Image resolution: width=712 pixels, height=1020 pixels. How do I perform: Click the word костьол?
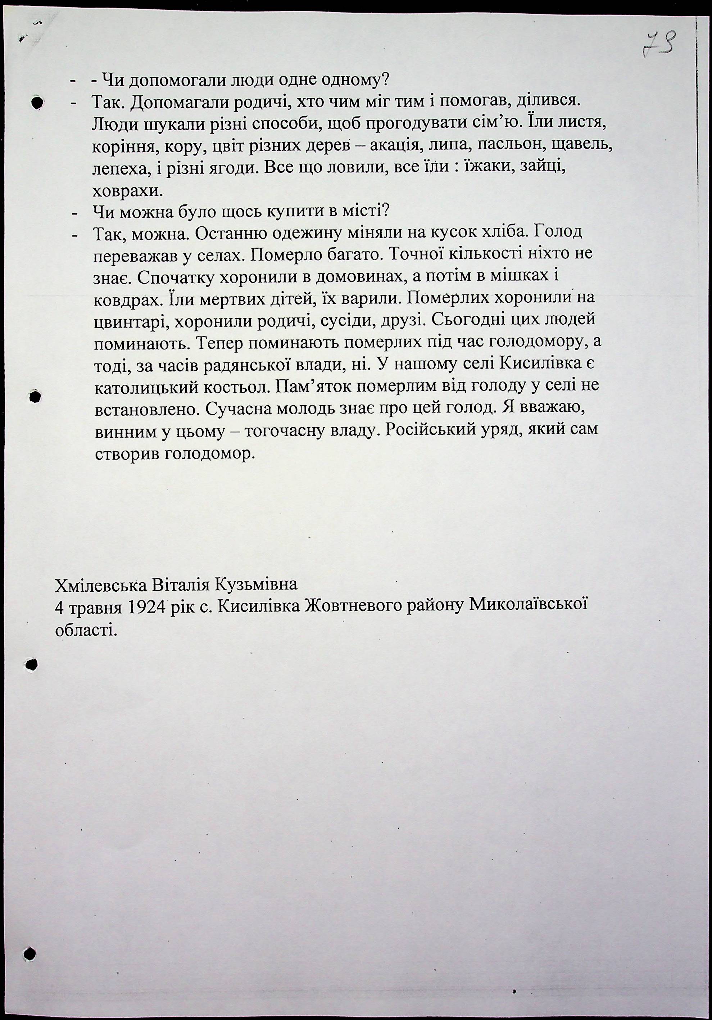tap(237, 387)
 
